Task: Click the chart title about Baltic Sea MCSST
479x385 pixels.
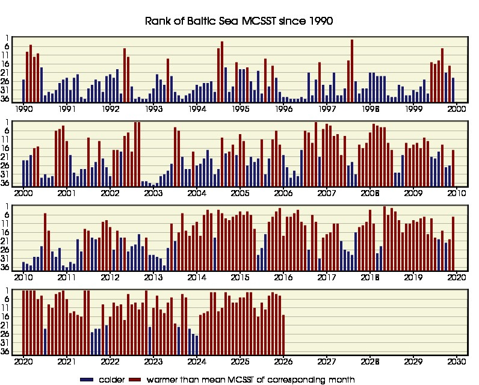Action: point(239,21)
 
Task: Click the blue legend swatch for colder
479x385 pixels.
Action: point(87,380)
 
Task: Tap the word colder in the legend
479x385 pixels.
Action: point(113,380)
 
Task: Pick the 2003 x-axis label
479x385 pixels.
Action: point(153,193)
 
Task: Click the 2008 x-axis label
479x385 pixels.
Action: point(370,193)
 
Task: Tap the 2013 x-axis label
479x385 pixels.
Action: point(153,277)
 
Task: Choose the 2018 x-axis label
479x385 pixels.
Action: point(370,277)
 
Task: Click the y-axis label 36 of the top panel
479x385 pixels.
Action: point(13,99)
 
